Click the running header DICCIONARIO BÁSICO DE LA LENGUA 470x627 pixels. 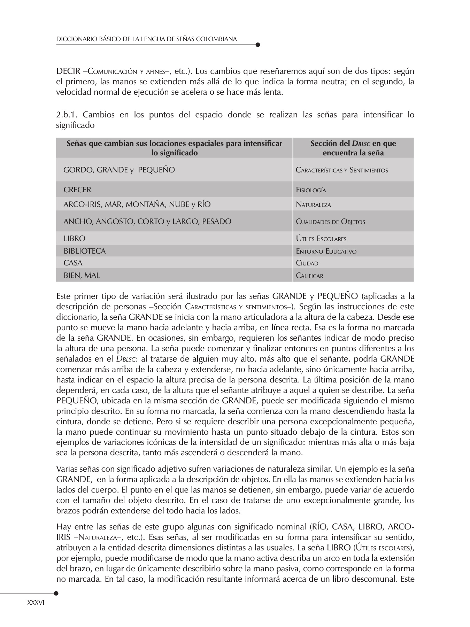pyautogui.click(x=146, y=39)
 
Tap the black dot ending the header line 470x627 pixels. pyautogui.click(x=258, y=45)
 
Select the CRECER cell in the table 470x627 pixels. pyautogui.click(x=77, y=190)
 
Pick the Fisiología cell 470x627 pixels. pyautogui.click(x=311, y=190)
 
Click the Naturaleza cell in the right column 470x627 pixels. pyautogui.click(x=314, y=205)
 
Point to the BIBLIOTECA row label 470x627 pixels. pyautogui.click(x=84, y=251)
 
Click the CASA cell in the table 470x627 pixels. pyautogui.click(x=73, y=263)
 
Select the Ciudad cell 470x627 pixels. pyautogui.click(x=307, y=263)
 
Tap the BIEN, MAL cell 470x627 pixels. pyautogui.click(x=82, y=276)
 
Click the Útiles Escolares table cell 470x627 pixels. pyautogui.click(x=321, y=239)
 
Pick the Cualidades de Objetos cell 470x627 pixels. pyautogui.click(x=330, y=222)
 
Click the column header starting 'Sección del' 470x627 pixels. pyautogui.click(x=353, y=148)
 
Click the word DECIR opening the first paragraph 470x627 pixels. pyautogui.click(x=68, y=72)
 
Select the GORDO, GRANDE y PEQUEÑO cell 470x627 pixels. pyautogui.click(x=119, y=170)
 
